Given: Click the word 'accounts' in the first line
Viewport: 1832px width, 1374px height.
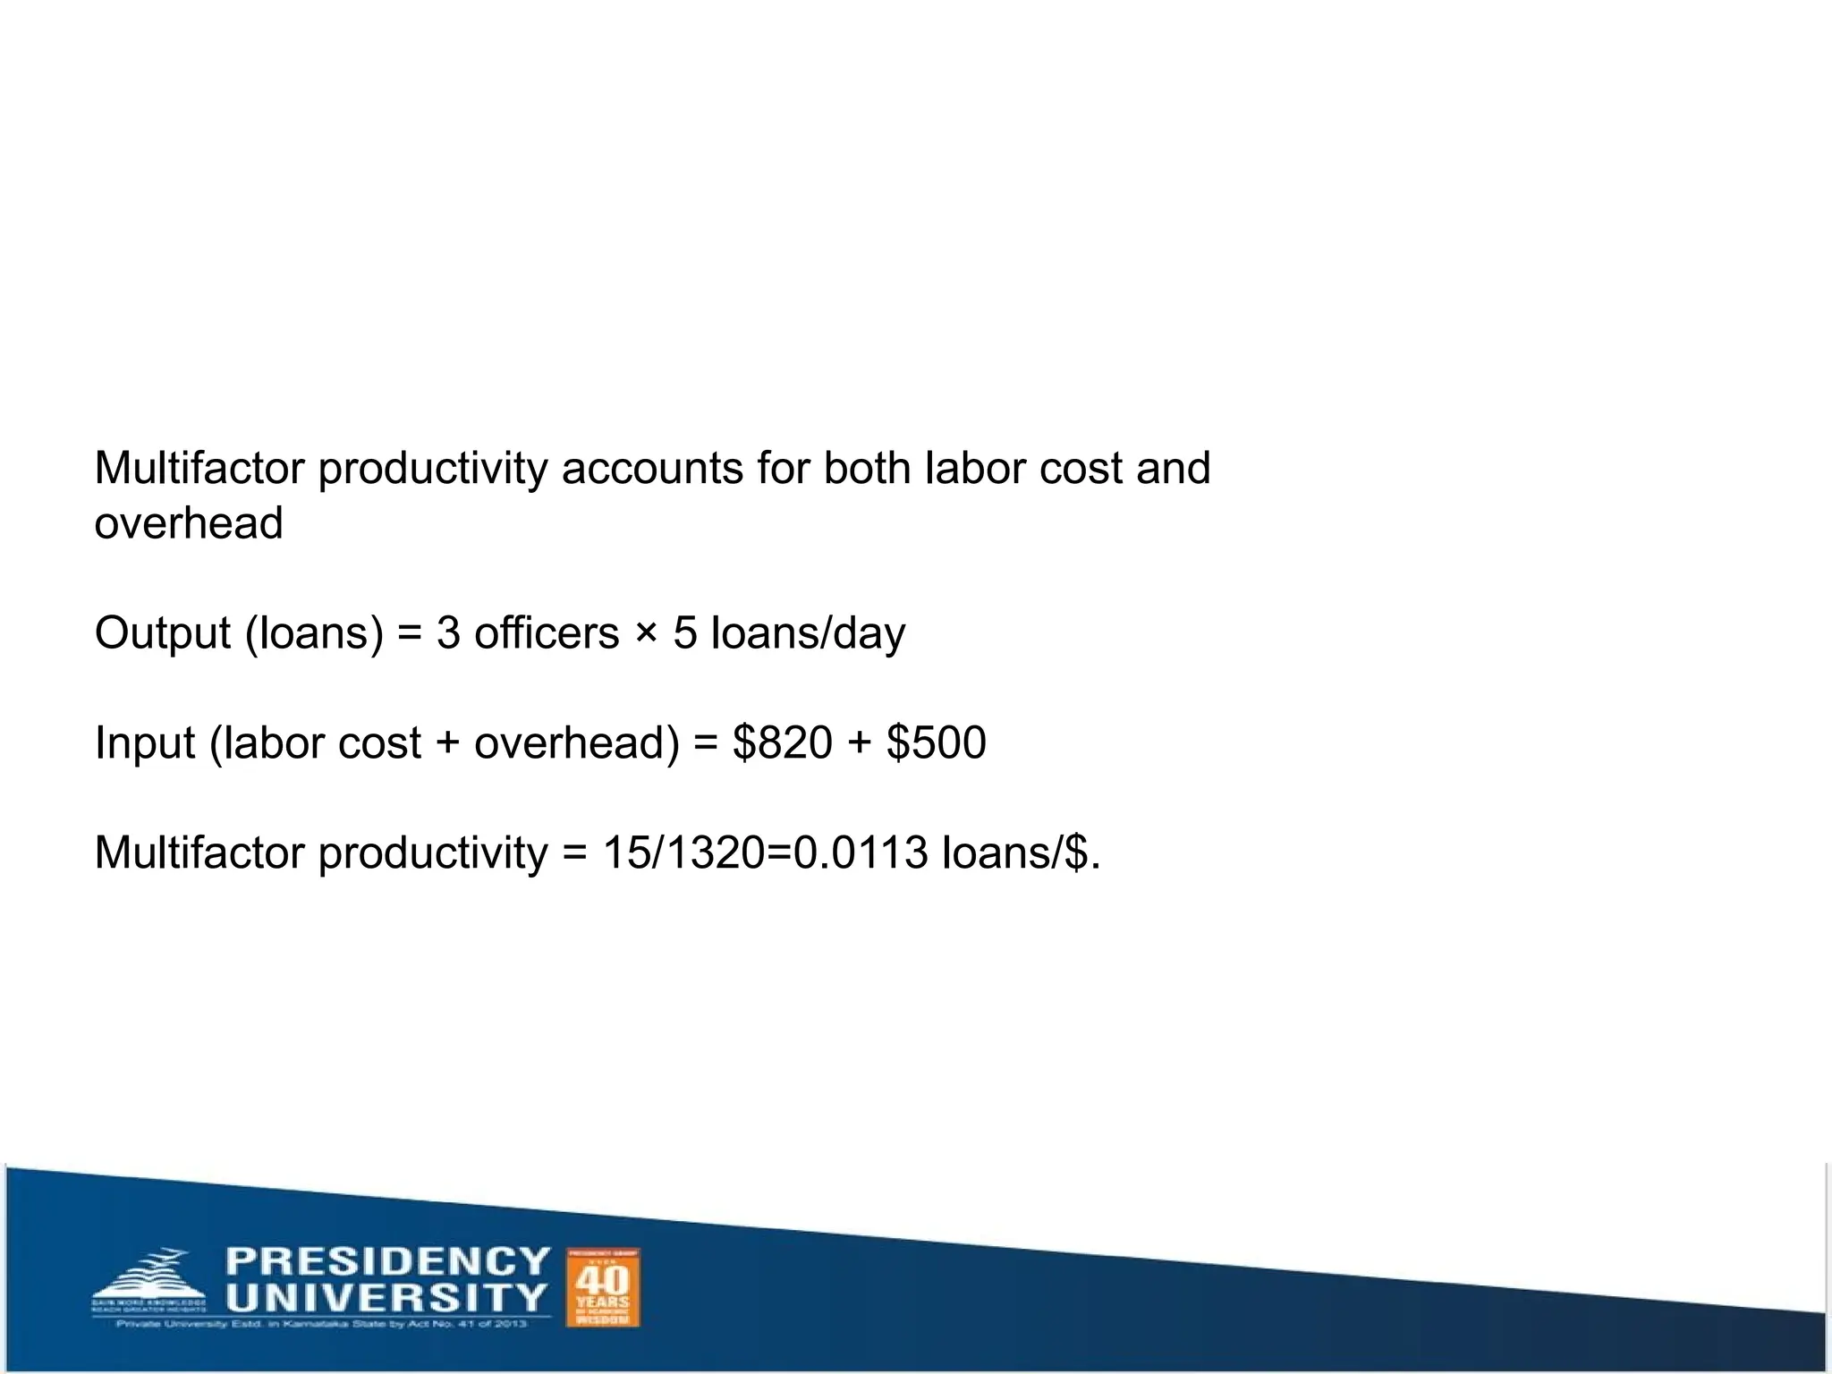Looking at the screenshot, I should pyautogui.click(x=652, y=469).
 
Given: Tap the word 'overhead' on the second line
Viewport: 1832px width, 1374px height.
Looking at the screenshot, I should pyautogui.click(x=189, y=523).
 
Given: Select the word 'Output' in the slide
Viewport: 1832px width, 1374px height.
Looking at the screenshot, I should pyautogui.click(x=163, y=634).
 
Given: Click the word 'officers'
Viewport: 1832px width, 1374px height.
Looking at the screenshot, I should pyautogui.click(x=547, y=633).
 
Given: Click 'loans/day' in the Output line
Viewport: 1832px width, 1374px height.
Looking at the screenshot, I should pyautogui.click(x=808, y=634).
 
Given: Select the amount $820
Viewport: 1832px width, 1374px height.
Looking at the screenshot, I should pyautogui.click(x=783, y=742).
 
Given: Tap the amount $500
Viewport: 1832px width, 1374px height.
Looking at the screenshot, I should pyautogui.click(x=937, y=742).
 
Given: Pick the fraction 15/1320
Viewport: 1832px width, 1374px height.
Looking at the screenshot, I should pyautogui.click(x=683, y=852).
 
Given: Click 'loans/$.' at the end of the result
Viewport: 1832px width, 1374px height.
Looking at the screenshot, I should pyautogui.click(x=1021, y=852).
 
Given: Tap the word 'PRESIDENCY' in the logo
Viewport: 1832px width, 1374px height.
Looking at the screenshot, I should pyautogui.click(x=388, y=1262).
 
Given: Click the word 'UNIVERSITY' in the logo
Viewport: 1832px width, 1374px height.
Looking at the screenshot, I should pyautogui.click(x=386, y=1298).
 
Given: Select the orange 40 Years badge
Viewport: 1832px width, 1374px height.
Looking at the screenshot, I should pyautogui.click(x=604, y=1287).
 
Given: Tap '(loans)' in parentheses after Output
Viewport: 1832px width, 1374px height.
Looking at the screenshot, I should pyautogui.click(x=314, y=634).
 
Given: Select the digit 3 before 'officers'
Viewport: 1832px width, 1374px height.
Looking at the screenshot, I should pyautogui.click(x=448, y=634).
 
